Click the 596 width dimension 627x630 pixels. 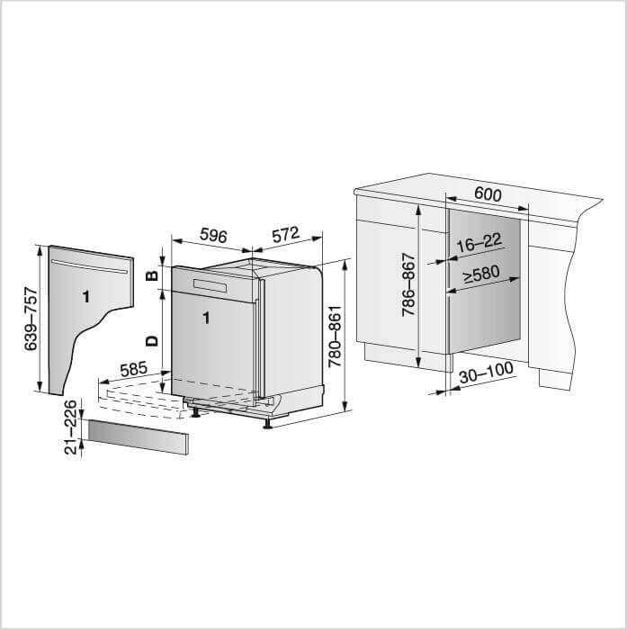(x=213, y=236)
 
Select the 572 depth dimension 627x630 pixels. (x=285, y=235)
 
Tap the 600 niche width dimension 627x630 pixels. (x=488, y=194)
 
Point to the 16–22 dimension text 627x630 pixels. (x=479, y=243)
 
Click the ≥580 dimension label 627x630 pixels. (x=481, y=274)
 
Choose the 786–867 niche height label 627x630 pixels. (x=408, y=284)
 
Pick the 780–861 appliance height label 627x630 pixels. (x=335, y=337)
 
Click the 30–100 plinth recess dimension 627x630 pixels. (x=486, y=373)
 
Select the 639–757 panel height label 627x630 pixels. (x=31, y=319)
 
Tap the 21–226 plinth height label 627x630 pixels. (x=70, y=427)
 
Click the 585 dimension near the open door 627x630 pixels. (x=134, y=369)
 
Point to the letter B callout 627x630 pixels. (x=151, y=275)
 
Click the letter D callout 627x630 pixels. (x=152, y=341)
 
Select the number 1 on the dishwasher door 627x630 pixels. (x=206, y=318)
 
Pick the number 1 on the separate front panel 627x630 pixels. (x=85, y=297)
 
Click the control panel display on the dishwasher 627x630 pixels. (x=210, y=285)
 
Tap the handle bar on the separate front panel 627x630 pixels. (x=89, y=266)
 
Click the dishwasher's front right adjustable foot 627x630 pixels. (x=266, y=424)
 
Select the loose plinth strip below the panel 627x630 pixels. (x=139, y=437)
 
